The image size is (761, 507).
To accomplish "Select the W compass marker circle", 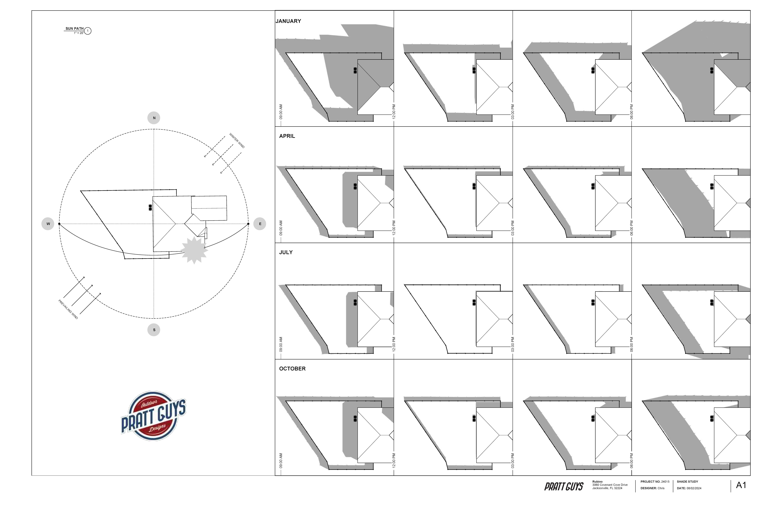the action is point(48,224).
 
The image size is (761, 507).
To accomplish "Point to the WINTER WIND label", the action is point(237,141).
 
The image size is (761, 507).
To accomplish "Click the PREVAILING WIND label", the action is point(68,309).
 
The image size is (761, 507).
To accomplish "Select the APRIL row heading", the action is point(287,136).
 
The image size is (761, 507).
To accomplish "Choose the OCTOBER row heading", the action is point(292,369).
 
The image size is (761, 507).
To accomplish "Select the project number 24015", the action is point(665,482).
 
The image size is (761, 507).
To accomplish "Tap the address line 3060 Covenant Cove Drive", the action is point(610,485).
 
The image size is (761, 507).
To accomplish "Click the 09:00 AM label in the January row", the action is point(281,112).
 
